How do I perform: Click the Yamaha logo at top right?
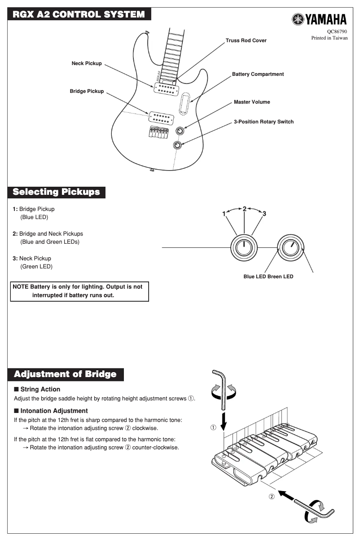click(319, 19)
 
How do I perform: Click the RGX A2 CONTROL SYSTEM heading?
click(79, 15)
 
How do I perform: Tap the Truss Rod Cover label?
click(246, 40)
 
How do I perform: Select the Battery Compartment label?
click(258, 74)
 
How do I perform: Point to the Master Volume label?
click(252, 102)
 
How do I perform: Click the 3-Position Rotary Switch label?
click(263, 122)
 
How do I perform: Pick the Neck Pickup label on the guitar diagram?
click(87, 63)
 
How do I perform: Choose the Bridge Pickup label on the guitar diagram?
click(87, 91)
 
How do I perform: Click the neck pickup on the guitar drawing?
click(167, 88)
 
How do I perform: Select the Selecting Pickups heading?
click(56, 192)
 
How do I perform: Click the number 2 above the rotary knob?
click(245, 209)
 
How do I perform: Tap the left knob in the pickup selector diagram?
click(244, 247)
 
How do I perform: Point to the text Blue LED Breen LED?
click(268, 277)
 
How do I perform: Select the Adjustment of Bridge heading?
click(65, 374)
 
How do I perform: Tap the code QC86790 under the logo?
click(337, 31)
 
